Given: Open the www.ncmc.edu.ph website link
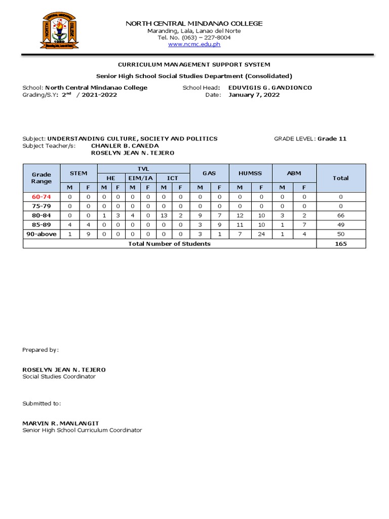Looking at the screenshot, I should (x=194, y=44).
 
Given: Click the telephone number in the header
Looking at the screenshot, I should (x=194, y=38).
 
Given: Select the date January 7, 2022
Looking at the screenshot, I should (x=254, y=95).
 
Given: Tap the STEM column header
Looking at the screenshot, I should (x=79, y=173).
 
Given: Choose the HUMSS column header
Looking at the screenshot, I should (x=250, y=173).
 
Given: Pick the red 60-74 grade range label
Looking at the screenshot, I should (x=41, y=197).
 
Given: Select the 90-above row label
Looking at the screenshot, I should (x=41, y=234).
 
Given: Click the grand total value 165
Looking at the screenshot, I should (x=340, y=244).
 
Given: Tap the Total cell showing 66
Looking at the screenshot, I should (x=340, y=215).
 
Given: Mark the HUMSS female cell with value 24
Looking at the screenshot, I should (x=261, y=234).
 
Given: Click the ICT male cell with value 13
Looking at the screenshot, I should (x=164, y=215).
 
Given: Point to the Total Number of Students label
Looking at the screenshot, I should (x=169, y=244).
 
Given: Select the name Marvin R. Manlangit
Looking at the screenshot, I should (x=61, y=423).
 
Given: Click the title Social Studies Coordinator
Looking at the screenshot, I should (x=59, y=377).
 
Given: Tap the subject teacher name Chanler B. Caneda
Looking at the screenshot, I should (x=125, y=146).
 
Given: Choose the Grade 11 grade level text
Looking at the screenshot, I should (x=332, y=139).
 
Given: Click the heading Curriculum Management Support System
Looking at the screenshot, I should (x=194, y=65).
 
